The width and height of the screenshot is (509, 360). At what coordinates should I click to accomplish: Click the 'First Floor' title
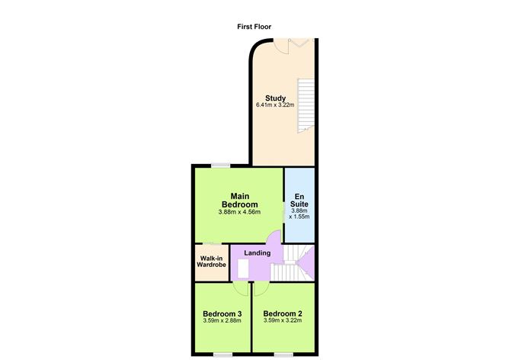tap(254, 27)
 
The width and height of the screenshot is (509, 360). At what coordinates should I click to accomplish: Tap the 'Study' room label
tap(275, 98)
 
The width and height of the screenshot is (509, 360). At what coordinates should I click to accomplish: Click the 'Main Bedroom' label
tap(239, 200)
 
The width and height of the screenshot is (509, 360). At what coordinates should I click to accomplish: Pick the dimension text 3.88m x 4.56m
tap(239, 212)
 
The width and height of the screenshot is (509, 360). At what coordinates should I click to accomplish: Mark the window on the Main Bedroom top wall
tap(222, 165)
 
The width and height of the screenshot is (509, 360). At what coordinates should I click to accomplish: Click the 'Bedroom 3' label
tap(222, 313)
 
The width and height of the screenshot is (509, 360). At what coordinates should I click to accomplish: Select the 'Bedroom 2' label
tap(283, 313)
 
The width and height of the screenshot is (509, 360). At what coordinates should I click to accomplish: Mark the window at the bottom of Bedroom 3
tap(222, 353)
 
